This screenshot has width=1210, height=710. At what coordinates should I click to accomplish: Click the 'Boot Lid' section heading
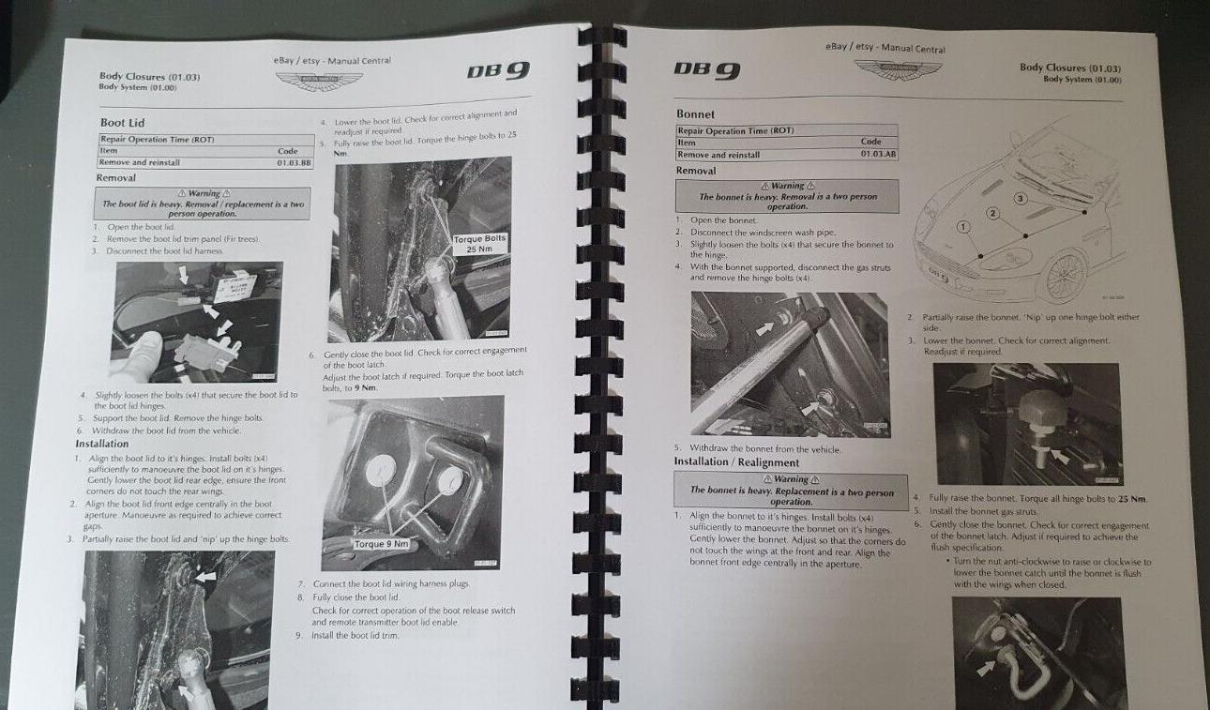(x=122, y=123)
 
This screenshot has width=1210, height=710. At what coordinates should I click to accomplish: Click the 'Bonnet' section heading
(x=695, y=113)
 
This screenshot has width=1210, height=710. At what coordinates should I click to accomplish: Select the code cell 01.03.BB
(x=294, y=162)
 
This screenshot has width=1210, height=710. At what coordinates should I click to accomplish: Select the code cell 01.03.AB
(x=878, y=154)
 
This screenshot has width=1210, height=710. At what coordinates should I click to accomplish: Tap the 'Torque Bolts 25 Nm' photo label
(x=479, y=244)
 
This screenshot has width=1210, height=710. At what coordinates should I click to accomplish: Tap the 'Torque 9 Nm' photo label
(x=382, y=544)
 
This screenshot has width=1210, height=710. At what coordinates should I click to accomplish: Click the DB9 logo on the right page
(x=707, y=70)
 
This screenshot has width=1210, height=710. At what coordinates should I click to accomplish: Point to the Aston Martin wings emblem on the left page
(x=318, y=82)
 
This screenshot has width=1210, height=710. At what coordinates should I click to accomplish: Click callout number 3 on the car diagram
(x=1021, y=199)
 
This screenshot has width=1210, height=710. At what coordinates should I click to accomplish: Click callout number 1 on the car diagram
(x=961, y=227)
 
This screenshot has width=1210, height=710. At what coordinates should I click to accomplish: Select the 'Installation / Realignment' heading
(x=736, y=461)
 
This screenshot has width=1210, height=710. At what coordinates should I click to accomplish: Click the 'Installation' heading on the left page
(x=102, y=444)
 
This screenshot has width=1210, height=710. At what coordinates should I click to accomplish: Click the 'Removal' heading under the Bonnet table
(x=695, y=171)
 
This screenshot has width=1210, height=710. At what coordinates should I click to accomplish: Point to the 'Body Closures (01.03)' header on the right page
(x=1069, y=68)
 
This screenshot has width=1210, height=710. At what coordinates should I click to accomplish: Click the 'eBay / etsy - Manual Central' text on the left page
(x=332, y=61)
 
